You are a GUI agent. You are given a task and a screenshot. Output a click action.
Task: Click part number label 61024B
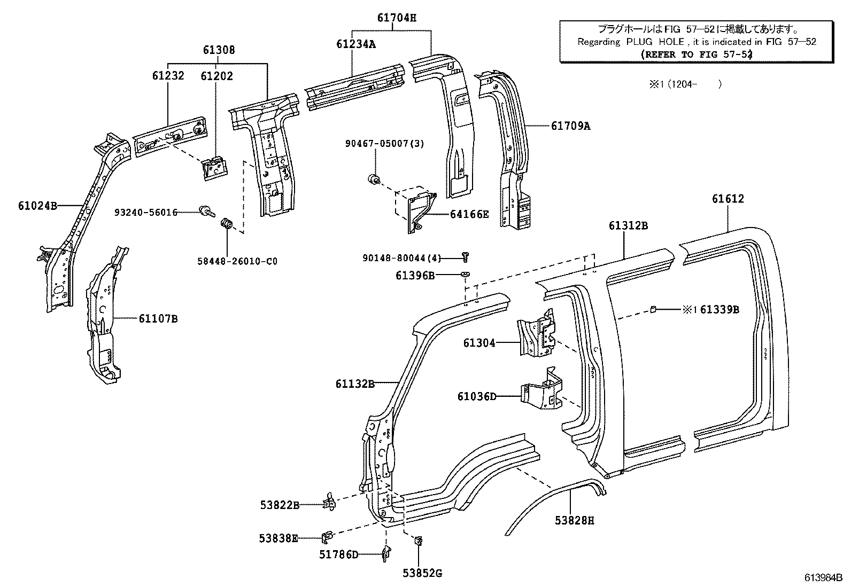(37, 205)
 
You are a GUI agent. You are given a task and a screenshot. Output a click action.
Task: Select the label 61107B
(158, 319)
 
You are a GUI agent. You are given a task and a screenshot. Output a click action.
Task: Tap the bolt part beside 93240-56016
(205, 212)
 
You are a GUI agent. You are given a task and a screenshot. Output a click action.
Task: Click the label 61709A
(571, 126)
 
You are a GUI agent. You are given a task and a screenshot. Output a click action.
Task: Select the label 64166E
(469, 215)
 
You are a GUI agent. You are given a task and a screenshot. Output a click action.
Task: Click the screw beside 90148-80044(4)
(465, 257)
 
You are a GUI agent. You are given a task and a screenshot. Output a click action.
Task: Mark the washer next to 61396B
(465, 275)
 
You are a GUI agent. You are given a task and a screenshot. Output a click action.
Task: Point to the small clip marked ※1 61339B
(653, 308)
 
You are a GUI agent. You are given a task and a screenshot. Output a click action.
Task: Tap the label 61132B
(354, 383)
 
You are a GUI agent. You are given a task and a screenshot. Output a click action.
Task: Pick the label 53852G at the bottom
(422, 574)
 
